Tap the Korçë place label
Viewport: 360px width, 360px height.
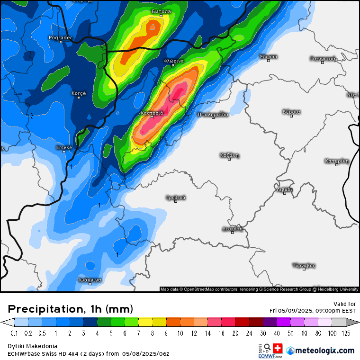point(79,93)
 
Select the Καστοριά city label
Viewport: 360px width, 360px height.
point(152,113)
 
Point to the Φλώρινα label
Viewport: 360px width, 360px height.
point(173,61)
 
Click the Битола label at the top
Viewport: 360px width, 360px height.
point(161,11)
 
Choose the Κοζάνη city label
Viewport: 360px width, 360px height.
point(229,155)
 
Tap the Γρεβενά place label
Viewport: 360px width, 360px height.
point(176,197)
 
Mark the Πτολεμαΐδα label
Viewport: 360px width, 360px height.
point(213,114)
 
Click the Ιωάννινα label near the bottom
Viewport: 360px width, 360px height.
point(90,280)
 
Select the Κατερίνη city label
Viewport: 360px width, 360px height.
point(337,161)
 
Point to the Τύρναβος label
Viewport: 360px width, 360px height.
point(304,265)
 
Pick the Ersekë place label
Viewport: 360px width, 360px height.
point(64,147)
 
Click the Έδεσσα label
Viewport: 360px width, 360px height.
point(269,57)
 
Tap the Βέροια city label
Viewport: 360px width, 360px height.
point(291,112)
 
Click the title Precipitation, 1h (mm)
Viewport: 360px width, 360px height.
point(70,309)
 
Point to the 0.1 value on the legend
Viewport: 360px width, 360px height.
point(15,333)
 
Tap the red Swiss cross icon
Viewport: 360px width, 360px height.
point(277,348)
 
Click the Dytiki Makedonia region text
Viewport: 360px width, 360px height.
point(32,346)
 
